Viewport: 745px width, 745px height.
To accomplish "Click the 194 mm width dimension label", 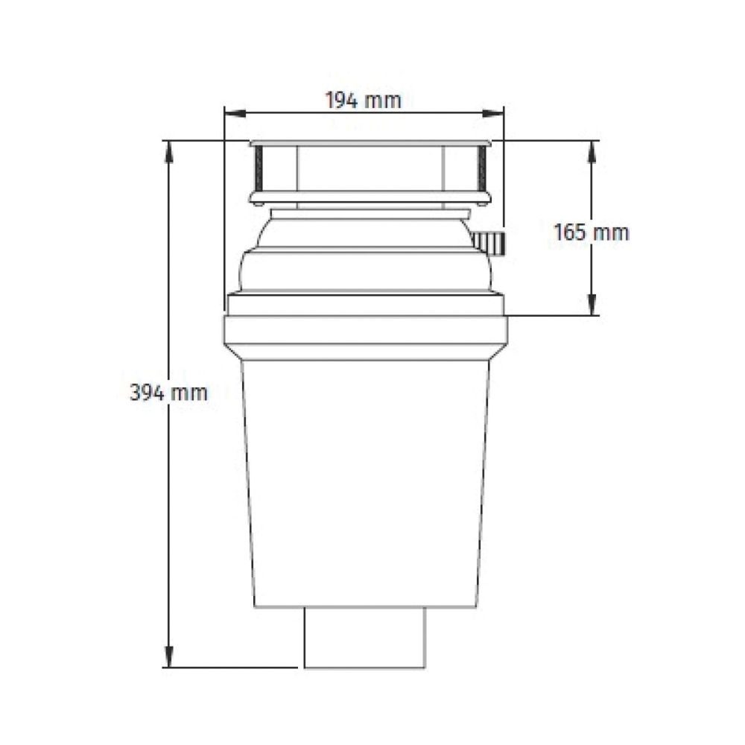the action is pyautogui.click(x=363, y=101).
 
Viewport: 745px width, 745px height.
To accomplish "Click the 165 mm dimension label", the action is pyautogui.click(x=591, y=232).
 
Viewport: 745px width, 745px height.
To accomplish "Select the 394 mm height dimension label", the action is pyautogui.click(x=168, y=393).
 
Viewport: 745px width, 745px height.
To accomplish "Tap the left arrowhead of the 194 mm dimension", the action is pyautogui.click(x=235, y=113).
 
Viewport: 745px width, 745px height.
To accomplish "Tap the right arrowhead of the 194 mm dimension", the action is pyautogui.click(x=492, y=113).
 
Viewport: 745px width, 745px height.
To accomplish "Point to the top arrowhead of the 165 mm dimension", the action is pyautogui.click(x=592, y=151).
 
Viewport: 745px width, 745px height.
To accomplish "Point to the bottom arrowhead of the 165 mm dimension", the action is pyautogui.click(x=592, y=305).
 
